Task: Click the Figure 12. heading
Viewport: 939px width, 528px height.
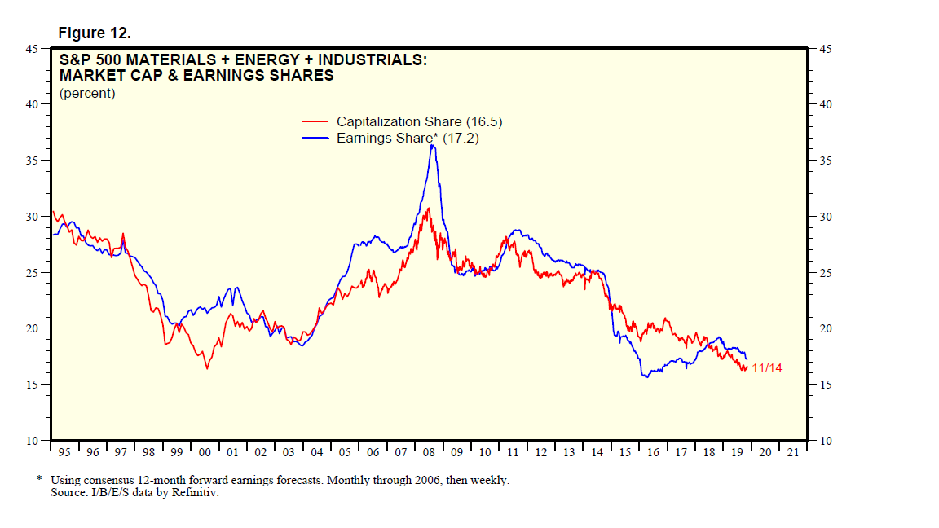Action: [95, 33]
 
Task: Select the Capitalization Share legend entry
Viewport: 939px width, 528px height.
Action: [419, 121]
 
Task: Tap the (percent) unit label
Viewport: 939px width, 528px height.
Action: [87, 93]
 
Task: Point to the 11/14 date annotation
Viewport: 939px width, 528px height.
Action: [767, 369]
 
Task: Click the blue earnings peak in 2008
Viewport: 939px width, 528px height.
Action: [432, 145]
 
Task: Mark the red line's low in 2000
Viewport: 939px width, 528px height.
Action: [207, 369]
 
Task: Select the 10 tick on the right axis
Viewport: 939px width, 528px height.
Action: [825, 441]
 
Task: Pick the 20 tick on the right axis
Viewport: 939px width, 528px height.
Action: [825, 328]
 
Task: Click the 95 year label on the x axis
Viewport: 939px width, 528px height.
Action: [64, 452]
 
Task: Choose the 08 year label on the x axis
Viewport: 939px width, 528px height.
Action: [429, 452]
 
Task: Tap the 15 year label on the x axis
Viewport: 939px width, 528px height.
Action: [625, 452]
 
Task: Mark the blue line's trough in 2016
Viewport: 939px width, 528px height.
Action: [645, 376]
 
